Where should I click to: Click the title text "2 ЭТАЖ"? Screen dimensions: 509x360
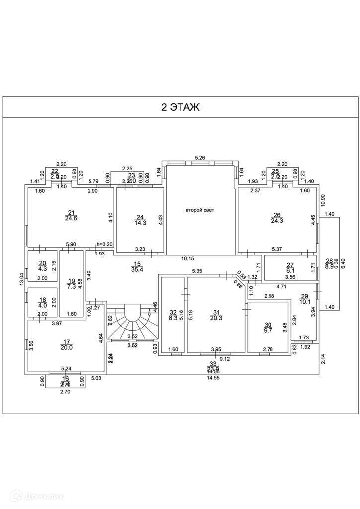180,107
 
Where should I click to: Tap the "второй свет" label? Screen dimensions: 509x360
200,210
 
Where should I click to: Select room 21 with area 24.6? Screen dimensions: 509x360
71,216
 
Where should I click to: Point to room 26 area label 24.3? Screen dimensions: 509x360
277,218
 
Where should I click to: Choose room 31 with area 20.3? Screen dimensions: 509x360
216,315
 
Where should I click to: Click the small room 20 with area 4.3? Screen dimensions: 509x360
42,266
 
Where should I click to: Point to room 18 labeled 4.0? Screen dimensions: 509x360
42,303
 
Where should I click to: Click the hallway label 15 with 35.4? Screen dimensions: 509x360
137,267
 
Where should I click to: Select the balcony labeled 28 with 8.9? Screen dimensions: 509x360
329,263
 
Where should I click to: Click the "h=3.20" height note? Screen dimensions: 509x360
105,244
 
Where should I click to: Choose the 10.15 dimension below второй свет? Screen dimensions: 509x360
187,258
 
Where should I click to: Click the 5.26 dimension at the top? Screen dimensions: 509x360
200,158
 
